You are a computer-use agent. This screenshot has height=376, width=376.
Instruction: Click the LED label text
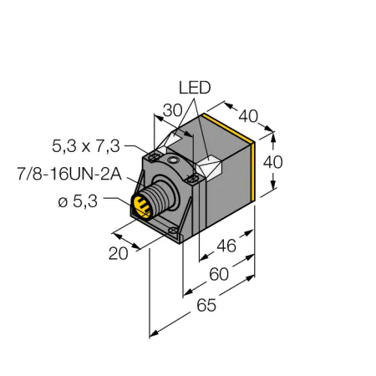coord(195,88)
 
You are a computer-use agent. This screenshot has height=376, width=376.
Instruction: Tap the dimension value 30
coord(172,110)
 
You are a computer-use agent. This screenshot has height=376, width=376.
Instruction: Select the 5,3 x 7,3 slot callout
coord(86,146)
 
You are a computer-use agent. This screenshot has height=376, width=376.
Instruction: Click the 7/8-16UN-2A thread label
coord(69,175)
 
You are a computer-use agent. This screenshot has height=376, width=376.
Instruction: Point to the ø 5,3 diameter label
coord(78,201)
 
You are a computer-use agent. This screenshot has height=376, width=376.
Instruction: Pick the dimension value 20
coord(119,254)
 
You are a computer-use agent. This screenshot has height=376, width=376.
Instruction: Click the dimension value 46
coord(226,246)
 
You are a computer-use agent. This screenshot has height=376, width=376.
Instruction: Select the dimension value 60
coord(219,274)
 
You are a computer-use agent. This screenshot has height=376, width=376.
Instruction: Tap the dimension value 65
coord(206,305)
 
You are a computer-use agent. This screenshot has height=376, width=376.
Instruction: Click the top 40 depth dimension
coord(248,116)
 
